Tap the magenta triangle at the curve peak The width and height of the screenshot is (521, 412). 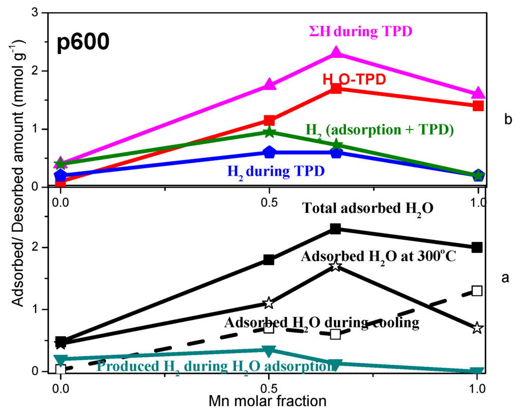[x=336, y=53]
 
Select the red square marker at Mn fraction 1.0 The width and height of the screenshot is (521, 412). [x=478, y=106]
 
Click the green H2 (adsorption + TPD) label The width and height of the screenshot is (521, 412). [x=379, y=129]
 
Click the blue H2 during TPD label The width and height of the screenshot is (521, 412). [x=275, y=171]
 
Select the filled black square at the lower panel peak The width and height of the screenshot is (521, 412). [x=335, y=229]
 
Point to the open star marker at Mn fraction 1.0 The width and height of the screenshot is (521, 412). [x=477, y=328]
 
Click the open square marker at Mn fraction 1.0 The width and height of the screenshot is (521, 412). [x=477, y=291]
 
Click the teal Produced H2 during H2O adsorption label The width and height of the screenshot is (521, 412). [x=213, y=365]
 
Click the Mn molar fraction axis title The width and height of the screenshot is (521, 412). [x=267, y=401]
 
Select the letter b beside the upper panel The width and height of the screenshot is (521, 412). [x=507, y=120]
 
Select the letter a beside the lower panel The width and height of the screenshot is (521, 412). [x=505, y=277]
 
